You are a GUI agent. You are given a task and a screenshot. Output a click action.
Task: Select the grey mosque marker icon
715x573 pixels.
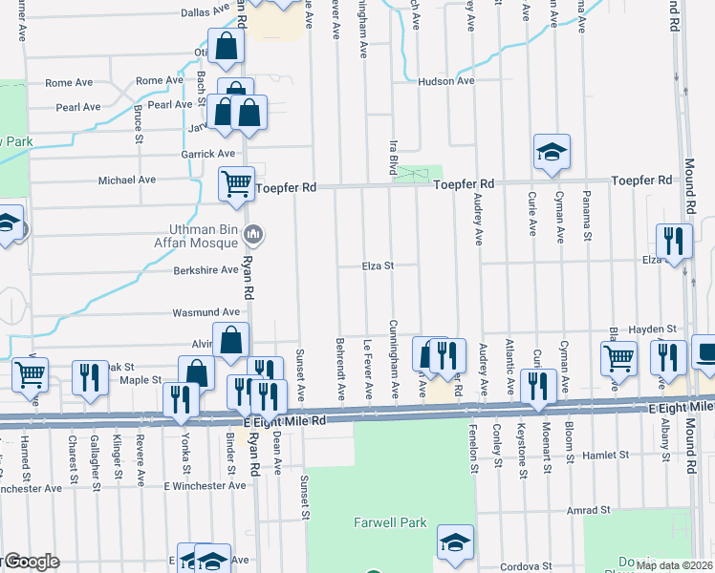pos(253,233)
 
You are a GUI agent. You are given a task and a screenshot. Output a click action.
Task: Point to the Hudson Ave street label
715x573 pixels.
pos(445,81)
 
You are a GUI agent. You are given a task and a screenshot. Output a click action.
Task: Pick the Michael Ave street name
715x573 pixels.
pos(127,180)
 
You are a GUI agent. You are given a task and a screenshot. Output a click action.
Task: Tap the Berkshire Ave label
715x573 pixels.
pos(205,270)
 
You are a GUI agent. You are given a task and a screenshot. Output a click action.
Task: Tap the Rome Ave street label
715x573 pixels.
pos(159,81)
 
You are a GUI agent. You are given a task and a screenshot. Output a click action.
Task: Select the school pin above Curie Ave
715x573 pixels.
pos(552,152)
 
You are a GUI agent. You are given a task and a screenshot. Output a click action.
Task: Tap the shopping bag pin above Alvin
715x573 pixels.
pos(231,339)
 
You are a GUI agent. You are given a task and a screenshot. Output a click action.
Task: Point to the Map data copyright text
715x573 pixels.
pos(674,565)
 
